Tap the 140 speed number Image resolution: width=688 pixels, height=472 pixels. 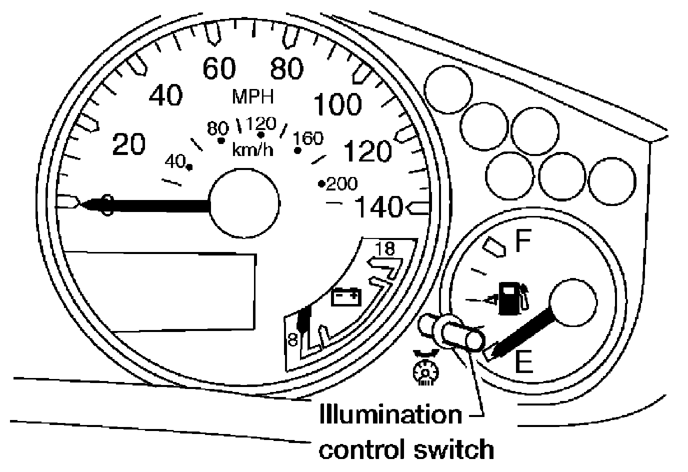[x=378, y=206]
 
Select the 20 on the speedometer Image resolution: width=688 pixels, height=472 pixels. [x=129, y=144]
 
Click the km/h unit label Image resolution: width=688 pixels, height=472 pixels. [x=253, y=149]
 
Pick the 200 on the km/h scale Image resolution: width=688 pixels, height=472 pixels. [x=341, y=184]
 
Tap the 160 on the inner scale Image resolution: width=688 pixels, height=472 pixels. [x=309, y=138]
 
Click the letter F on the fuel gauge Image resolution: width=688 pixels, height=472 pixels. [x=523, y=242]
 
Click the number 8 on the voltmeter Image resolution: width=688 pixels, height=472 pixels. [x=292, y=339]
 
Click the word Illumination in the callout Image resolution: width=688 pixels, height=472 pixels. [x=390, y=414]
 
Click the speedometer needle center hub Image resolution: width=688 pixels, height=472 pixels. [x=243, y=203]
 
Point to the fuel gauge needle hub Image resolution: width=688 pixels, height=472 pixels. [x=572, y=302]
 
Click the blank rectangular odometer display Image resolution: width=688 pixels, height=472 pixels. [x=160, y=290]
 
